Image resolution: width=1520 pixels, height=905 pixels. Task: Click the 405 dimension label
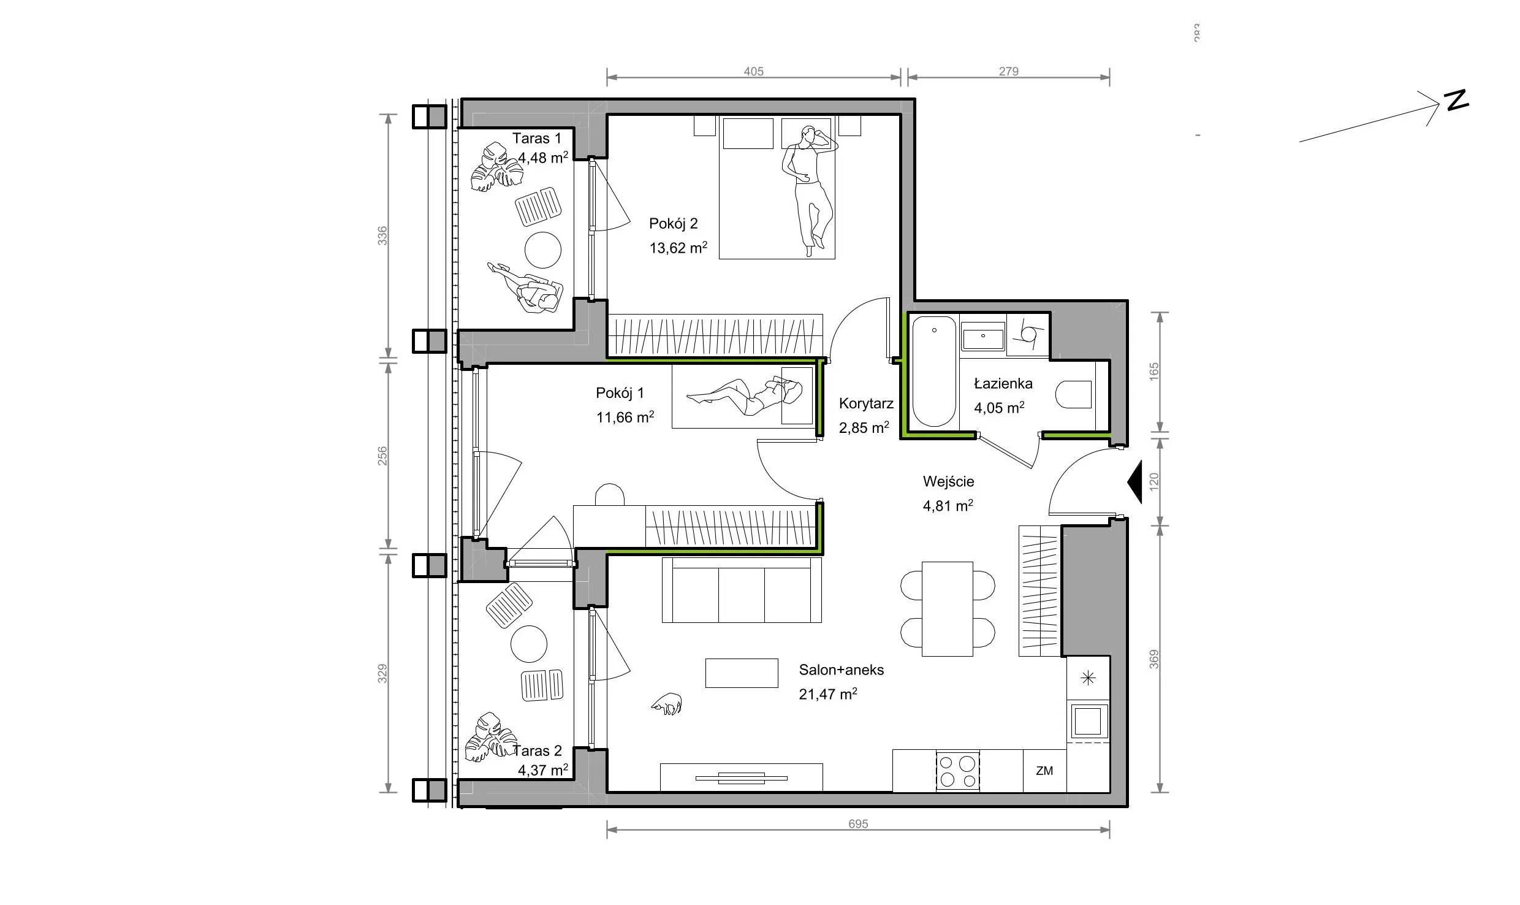pos(753,71)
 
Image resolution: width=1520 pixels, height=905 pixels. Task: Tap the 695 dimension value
pos(858,824)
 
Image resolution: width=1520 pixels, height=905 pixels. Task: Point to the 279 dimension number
pos(1008,71)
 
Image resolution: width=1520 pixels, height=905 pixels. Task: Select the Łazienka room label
pos(1003,384)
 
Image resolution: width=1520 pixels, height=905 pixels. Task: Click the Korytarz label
pos(866,403)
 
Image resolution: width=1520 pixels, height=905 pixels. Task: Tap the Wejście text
pos(948,481)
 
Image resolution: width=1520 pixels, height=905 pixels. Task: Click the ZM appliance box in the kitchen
pos(1044,771)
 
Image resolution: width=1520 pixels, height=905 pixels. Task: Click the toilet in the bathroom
pos(1074,395)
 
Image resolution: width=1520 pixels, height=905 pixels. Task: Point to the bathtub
pos(933,372)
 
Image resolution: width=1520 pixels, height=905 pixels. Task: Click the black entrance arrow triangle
pos(1134,482)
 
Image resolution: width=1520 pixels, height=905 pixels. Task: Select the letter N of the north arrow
pos(1457,101)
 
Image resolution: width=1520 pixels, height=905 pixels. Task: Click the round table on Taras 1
pos(542,250)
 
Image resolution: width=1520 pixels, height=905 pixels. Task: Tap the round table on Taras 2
pos(528,644)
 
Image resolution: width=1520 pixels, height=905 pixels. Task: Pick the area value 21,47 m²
pos(827,693)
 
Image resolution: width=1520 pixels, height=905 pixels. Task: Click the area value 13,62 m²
pos(678,248)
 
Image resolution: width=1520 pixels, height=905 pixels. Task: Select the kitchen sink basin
pos(1089,720)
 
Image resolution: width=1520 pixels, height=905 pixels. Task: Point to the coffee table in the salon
pos(742,673)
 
